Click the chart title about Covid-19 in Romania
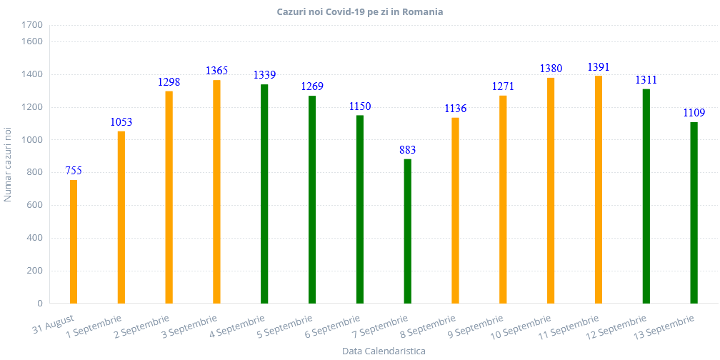(x=360, y=12)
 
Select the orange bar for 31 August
(x=73, y=241)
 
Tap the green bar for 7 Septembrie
(x=407, y=231)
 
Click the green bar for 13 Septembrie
(x=694, y=212)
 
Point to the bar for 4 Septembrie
(x=264, y=194)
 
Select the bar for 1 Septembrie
(x=121, y=217)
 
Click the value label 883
(x=407, y=150)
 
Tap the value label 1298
(x=169, y=82)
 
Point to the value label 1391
(x=599, y=67)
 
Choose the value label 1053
(x=121, y=122)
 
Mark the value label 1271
(x=503, y=86)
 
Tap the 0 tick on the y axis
(x=40, y=304)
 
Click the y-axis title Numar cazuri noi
(x=8, y=164)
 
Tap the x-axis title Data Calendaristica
(x=384, y=351)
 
